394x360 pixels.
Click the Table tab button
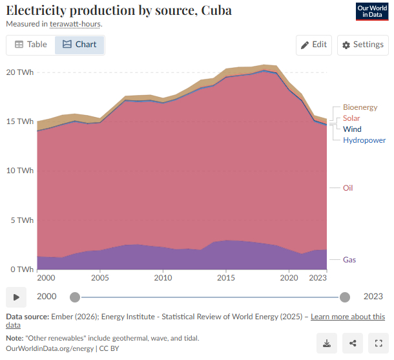(x=31, y=45)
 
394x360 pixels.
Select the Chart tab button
(x=79, y=45)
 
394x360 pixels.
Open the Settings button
(x=362, y=45)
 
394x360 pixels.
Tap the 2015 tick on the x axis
(x=226, y=277)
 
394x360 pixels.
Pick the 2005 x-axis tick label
(x=99, y=277)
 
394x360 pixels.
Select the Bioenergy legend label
(x=360, y=107)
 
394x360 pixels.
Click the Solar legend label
(x=351, y=118)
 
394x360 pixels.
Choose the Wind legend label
(x=352, y=129)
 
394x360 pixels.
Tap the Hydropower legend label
(x=364, y=140)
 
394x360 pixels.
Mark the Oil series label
(x=347, y=188)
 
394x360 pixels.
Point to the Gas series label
(x=349, y=260)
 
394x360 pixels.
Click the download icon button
(x=327, y=343)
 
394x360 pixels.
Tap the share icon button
(x=352, y=343)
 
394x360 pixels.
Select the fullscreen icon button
(x=378, y=343)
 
